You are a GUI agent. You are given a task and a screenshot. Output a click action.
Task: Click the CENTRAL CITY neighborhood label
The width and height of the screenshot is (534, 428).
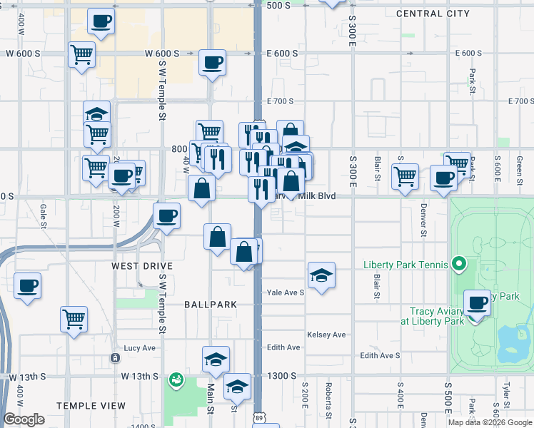(x=433, y=14)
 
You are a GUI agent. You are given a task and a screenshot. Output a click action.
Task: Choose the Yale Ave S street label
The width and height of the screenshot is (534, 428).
(x=286, y=292)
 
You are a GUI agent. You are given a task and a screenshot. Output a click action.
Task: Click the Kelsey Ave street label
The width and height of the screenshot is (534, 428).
(x=326, y=335)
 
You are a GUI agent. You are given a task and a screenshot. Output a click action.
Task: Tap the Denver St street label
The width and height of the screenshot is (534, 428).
(x=423, y=220)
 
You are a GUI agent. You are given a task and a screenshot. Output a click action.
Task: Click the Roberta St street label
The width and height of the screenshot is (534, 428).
(x=328, y=402)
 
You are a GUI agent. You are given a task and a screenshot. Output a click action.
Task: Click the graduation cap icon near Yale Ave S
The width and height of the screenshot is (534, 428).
(x=322, y=275)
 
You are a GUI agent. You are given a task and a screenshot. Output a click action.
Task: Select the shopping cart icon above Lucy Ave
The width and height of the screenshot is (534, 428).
(x=74, y=319)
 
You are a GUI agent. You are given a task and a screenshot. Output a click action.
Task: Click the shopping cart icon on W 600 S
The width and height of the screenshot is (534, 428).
(x=82, y=54)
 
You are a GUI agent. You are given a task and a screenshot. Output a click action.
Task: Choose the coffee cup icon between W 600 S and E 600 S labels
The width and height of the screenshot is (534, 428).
(x=212, y=63)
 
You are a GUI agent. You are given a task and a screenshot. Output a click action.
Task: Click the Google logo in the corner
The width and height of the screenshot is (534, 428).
(x=24, y=419)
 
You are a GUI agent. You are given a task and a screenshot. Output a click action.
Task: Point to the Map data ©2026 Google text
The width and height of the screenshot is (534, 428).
(x=489, y=422)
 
